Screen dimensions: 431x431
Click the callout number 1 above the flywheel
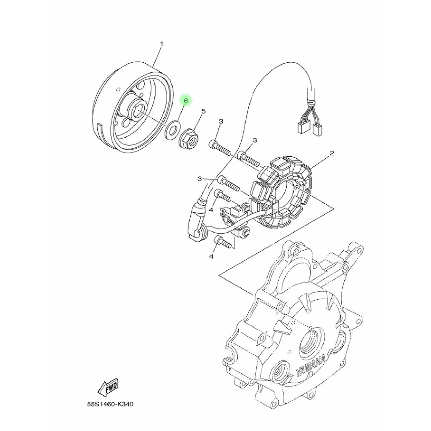tap(161, 44)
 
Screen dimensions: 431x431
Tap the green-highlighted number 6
tap(186, 101)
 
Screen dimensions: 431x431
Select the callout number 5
tap(203, 112)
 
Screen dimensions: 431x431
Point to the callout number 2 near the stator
tap(332, 153)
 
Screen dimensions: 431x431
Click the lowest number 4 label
tap(211, 256)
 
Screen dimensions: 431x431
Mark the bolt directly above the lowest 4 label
tap(223, 242)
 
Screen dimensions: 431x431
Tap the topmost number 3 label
tap(221, 122)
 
